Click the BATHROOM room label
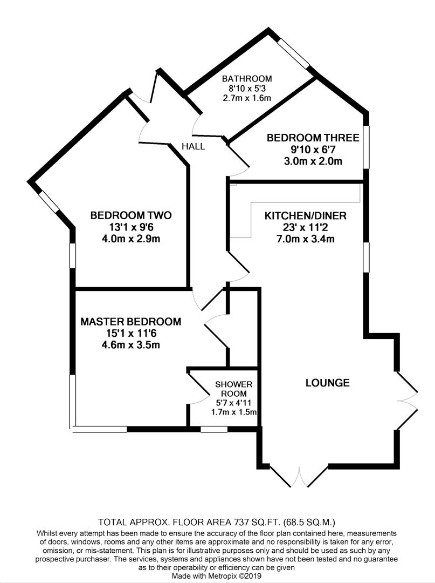click(x=247, y=78)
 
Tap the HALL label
click(x=193, y=146)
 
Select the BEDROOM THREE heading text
click(x=313, y=138)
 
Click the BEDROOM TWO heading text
click(x=131, y=216)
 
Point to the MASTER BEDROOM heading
click(x=131, y=322)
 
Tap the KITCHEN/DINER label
click(x=305, y=216)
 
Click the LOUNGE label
click(x=327, y=383)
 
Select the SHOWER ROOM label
click(x=234, y=389)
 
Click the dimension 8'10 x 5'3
click(x=247, y=89)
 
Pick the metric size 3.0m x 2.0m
click(x=313, y=161)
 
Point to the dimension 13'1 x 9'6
click(x=131, y=227)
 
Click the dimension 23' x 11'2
click(x=305, y=227)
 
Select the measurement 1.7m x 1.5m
click(x=233, y=413)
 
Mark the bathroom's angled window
click(x=294, y=54)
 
